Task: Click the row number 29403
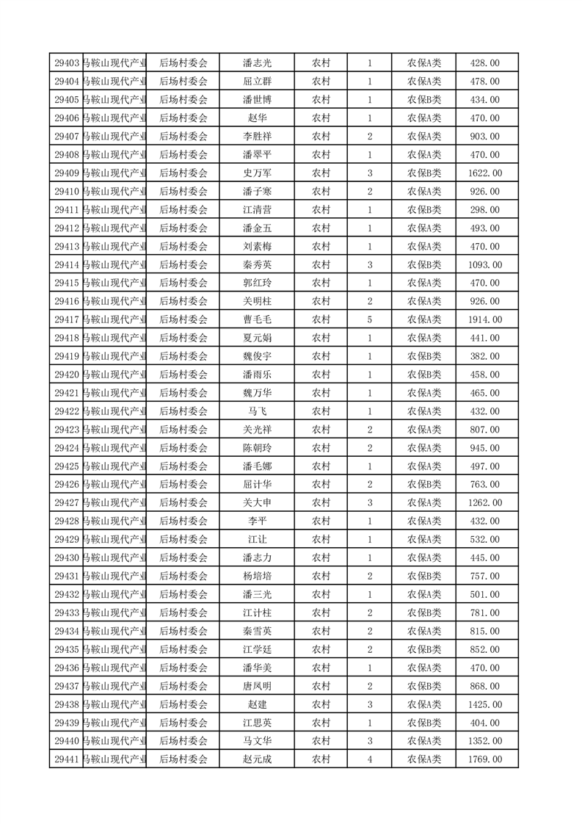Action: point(67,63)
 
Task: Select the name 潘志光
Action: point(257,63)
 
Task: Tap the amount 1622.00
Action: point(484,173)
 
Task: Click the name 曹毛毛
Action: point(257,319)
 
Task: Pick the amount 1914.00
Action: point(484,319)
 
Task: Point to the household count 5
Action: point(369,319)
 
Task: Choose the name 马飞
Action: point(257,411)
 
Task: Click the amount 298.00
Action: point(484,210)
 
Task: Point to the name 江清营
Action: point(257,210)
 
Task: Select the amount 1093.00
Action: point(484,264)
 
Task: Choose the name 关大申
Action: point(257,503)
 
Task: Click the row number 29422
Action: point(67,411)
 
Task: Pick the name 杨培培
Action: point(257,576)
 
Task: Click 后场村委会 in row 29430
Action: point(183,557)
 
